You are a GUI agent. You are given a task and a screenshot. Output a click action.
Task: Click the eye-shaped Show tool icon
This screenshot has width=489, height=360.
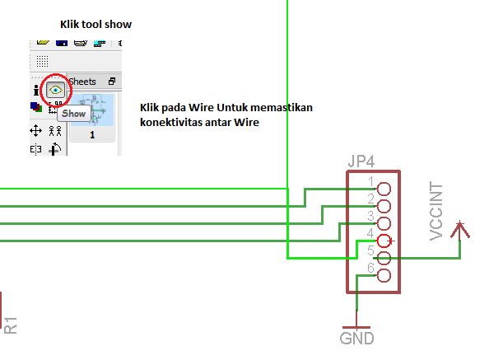pos(56,90)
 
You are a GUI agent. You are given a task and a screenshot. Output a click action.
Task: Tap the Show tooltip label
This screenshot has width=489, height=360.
pos(73,114)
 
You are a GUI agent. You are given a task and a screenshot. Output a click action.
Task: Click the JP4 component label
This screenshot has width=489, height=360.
pos(361,161)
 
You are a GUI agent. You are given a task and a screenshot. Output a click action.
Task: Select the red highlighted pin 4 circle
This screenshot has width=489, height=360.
pos(384,241)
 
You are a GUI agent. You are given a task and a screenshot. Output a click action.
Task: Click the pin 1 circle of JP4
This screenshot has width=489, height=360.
pos(384,189)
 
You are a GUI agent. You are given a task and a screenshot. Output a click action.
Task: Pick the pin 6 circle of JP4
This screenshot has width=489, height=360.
pos(384,275)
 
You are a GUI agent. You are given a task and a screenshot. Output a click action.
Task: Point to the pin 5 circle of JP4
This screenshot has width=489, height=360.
pos(384,259)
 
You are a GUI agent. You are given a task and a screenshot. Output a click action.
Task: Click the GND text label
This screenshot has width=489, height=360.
pos(356,339)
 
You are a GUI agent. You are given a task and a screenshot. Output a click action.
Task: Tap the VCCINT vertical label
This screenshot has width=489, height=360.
pos(436,211)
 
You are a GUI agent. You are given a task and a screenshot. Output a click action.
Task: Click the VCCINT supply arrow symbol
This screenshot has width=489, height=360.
pos(460,230)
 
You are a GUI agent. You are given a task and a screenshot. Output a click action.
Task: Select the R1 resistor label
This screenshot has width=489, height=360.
pos(11,325)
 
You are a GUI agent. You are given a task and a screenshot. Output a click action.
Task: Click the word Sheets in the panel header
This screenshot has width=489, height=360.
pos(82,82)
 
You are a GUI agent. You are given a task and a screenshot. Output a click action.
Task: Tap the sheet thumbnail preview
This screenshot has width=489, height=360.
pos(92,110)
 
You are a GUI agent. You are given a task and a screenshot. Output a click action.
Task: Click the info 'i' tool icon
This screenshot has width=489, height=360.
pos(36,90)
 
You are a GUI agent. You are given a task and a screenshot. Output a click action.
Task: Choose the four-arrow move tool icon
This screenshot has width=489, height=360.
pos(36,131)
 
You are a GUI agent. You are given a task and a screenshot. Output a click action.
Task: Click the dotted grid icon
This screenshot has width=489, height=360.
pos(43,61)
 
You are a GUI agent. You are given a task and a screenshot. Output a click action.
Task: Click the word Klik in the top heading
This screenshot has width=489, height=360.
pos(69,25)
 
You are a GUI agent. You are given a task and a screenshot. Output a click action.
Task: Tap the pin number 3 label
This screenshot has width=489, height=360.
pos(370,216)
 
